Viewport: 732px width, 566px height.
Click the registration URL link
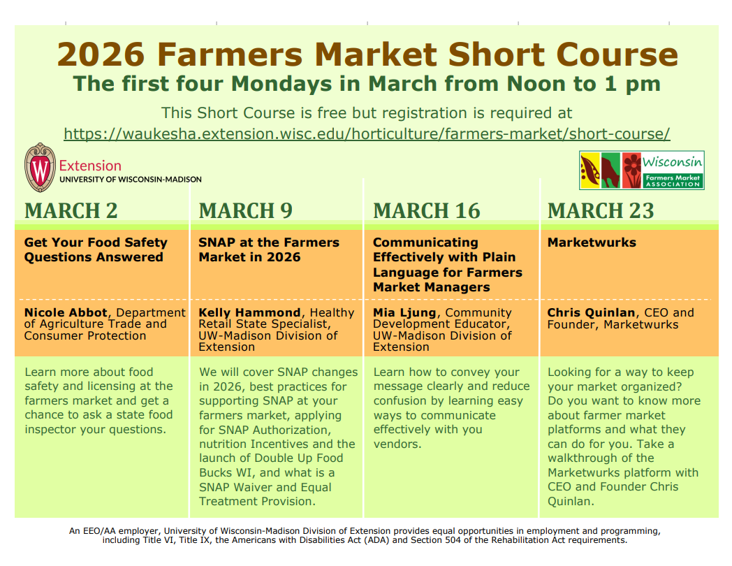(x=367, y=133)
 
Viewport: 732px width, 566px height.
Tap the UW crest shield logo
(x=40, y=168)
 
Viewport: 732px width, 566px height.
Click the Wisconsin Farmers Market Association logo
(x=641, y=170)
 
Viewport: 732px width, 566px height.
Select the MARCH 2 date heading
(x=71, y=210)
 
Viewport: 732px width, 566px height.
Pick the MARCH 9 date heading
(x=245, y=210)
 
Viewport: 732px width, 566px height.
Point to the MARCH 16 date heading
(x=427, y=210)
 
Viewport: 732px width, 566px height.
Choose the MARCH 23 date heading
(x=601, y=210)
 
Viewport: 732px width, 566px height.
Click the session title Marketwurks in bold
(x=592, y=242)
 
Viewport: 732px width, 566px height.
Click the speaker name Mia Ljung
(x=405, y=313)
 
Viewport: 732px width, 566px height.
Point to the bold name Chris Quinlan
(x=591, y=313)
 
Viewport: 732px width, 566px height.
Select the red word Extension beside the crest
(x=90, y=166)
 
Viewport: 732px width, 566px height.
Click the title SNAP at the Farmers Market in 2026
(x=269, y=249)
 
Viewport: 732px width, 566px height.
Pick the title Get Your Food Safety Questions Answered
(x=96, y=249)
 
